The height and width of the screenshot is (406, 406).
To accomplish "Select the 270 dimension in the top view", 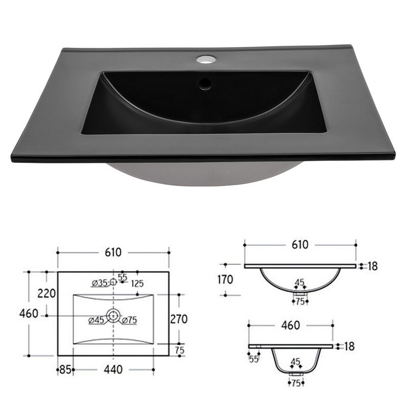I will click(179, 319).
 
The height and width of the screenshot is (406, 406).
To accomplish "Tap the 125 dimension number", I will click(137, 284).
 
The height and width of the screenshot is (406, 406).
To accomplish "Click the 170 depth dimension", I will click(225, 280).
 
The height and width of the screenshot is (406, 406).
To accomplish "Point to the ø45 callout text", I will click(96, 321).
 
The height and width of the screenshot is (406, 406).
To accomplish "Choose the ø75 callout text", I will click(130, 320).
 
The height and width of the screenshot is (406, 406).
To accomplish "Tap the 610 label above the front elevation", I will click(300, 244).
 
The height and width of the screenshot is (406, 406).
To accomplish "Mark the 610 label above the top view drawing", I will click(113, 252).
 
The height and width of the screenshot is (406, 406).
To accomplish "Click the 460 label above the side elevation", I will click(291, 325).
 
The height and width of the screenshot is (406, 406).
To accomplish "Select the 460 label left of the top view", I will click(29, 314).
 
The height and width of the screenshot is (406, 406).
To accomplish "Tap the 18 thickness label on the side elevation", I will click(349, 346).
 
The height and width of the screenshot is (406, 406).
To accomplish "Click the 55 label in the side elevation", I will click(254, 359).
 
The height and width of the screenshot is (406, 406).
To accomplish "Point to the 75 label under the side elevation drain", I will click(296, 383).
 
